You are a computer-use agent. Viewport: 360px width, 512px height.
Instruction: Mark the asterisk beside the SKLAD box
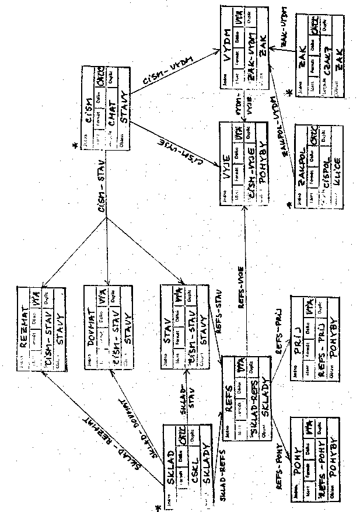(x=158, y=508)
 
